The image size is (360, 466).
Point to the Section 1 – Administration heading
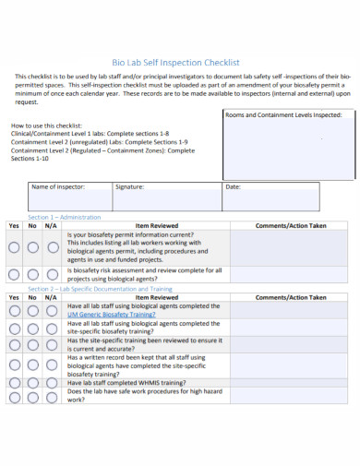(x=64, y=216)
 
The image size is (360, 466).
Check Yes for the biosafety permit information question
(x=14, y=247)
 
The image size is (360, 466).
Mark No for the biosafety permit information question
(x=32, y=247)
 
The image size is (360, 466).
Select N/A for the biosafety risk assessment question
(x=51, y=274)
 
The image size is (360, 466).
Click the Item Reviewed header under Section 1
(x=157, y=224)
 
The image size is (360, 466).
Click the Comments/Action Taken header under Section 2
(x=291, y=298)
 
